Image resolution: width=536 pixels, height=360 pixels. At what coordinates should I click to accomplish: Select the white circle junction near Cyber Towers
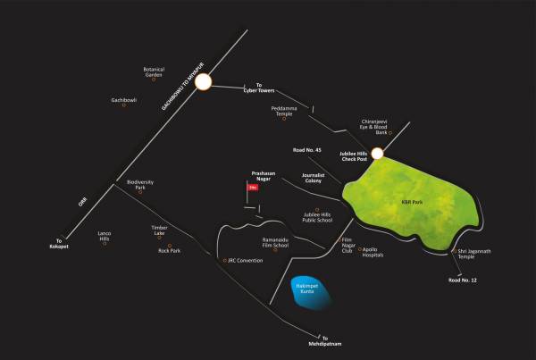pos(203,83)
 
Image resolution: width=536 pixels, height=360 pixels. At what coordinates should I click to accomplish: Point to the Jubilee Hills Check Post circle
pos(377,154)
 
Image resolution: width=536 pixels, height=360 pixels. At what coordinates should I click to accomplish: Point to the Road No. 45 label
pos(306,150)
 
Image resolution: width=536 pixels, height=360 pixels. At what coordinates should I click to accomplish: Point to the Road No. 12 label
pos(464,281)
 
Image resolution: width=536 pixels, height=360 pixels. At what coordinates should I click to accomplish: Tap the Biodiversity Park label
pos(140,185)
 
